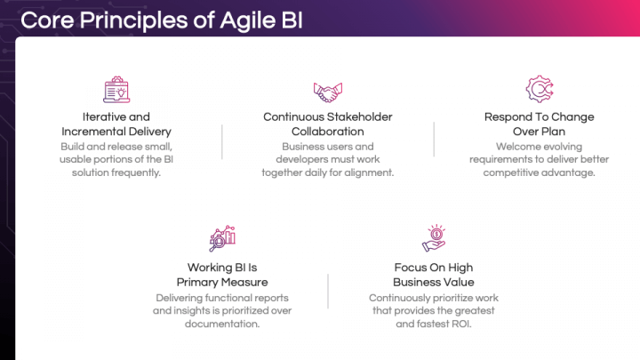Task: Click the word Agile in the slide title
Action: click(x=236, y=20)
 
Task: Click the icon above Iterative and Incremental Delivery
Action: click(x=116, y=90)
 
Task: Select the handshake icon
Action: click(x=327, y=91)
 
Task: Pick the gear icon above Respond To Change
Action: click(x=539, y=90)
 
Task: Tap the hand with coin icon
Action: click(x=433, y=238)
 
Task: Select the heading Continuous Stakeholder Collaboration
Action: click(x=327, y=124)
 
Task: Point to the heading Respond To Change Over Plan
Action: click(x=539, y=124)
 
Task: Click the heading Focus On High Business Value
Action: click(x=434, y=275)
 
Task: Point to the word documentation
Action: click(x=222, y=324)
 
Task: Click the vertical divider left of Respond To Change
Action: click(x=434, y=140)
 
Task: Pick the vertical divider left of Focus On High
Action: click(x=328, y=291)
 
